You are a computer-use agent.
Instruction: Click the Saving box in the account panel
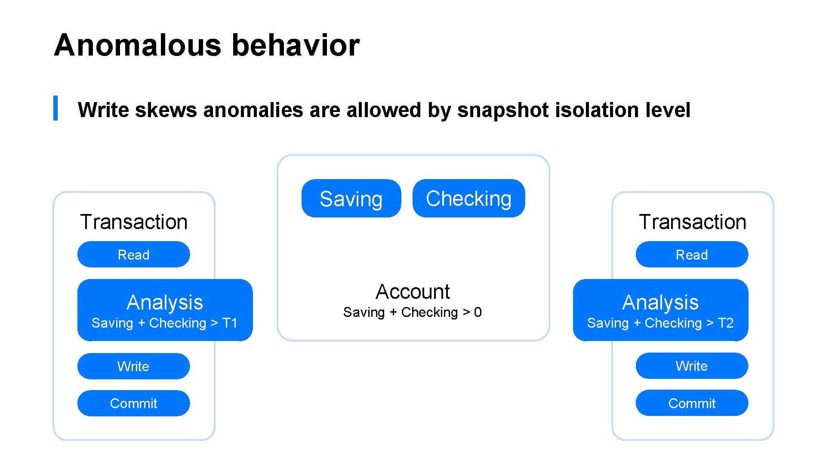[x=351, y=198]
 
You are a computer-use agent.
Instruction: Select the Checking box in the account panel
[x=468, y=198]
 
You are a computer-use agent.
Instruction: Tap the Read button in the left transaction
[x=133, y=254]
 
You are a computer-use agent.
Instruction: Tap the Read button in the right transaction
[x=692, y=254]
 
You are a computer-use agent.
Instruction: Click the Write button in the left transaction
[x=133, y=366]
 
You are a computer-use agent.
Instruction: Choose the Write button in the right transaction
[x=692, y=366]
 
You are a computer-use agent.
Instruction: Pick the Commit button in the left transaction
[x=133, y=403]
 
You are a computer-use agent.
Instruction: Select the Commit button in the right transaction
[x=692, y=403]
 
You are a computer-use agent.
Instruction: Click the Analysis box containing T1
[x=165, y=310]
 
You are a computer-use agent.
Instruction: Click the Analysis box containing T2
[x=660, y=310]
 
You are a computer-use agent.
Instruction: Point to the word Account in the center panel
[x=413, y=291]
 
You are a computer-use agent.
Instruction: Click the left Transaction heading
[x=134, y=222]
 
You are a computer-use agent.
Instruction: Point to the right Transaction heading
[x=692, y=222]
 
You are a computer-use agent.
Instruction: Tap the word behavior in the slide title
[x=296, y=45]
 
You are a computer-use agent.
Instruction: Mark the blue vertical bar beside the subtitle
[x=55, y=108]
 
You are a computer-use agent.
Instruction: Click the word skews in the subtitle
[x=166, y=110]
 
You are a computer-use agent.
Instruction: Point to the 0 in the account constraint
[x=478, y=312]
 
